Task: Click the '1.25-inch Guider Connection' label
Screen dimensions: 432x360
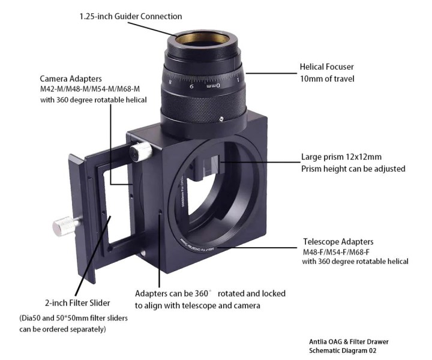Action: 131,16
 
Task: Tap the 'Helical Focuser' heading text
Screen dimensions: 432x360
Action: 327,67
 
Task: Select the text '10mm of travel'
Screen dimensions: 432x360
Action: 327,79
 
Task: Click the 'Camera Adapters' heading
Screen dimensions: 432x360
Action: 71,79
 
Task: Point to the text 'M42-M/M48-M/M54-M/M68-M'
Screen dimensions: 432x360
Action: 90,89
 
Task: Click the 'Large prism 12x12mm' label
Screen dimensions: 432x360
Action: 341,157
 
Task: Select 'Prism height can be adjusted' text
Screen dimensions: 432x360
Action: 353,169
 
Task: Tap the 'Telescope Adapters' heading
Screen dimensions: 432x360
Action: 338,242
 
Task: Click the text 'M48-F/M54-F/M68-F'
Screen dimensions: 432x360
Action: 336,252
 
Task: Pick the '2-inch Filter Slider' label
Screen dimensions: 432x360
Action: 77,303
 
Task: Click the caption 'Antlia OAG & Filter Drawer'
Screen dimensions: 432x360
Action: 349,342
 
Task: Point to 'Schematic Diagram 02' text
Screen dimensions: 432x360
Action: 343,350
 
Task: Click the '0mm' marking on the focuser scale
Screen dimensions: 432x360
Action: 214,86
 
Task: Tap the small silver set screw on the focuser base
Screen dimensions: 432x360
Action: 221,119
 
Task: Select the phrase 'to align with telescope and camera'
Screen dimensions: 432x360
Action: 197,305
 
